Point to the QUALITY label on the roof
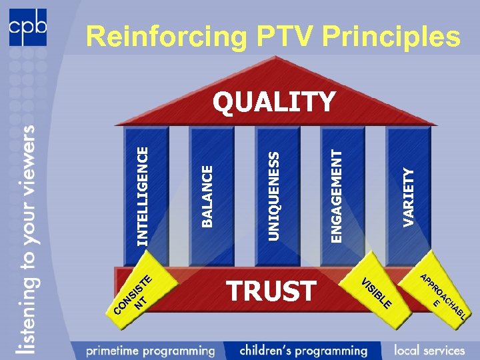(x=273, y=102)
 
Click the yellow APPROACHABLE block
(x=440, y=293)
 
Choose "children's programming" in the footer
(x=303, y=349)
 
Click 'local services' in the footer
(x=429, y=349)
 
